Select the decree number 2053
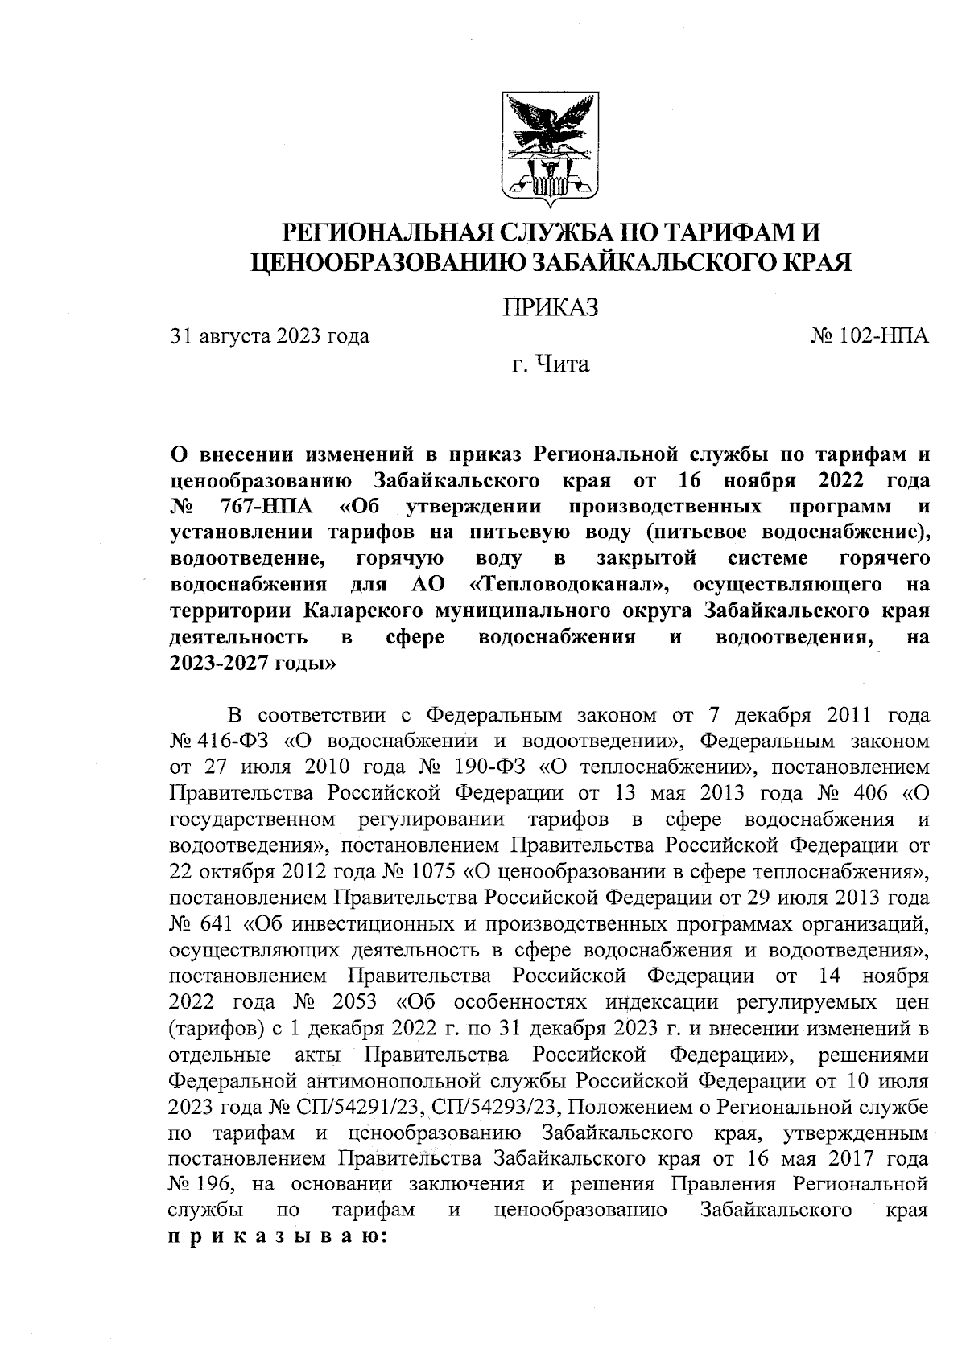point(360,1003)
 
